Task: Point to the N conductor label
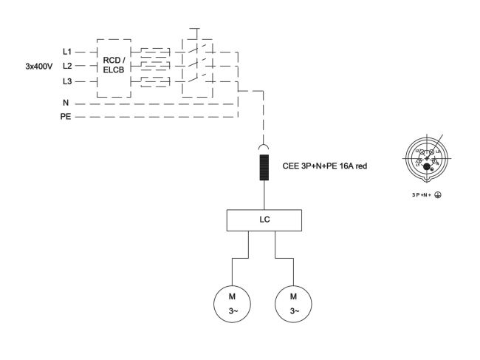click(x=66, y=103)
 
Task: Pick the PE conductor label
click(x=65, y=117)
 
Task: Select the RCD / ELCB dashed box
click(x=114, y=67)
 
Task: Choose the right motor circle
click(x=293, y=303)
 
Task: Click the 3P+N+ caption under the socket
click(x=422, y=195)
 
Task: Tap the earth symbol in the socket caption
click(x=438, y=195)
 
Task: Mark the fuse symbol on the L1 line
click(x=155, y=52)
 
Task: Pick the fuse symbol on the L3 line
click(x=155, y=80)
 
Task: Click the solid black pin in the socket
click(x=427, y=166)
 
